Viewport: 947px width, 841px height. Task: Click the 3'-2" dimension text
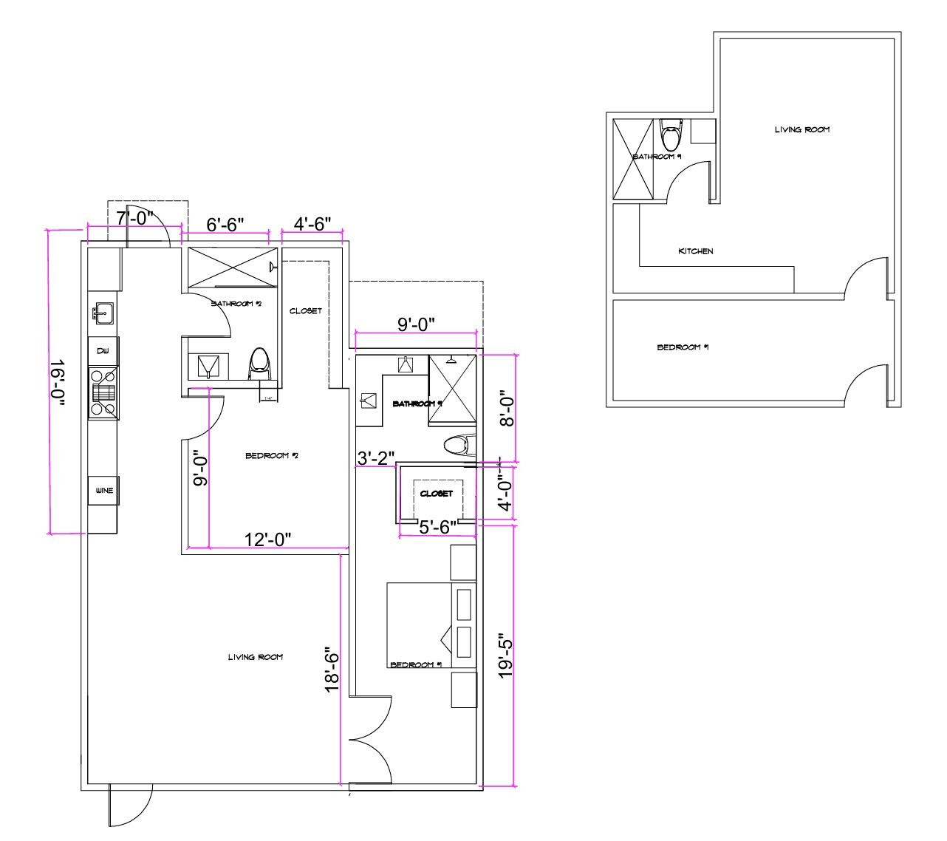pyautogui.click(x=376, y=458)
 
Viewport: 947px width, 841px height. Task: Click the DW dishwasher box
pyautogui.click(x=103, y=351)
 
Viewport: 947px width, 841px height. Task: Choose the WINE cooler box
pyautogui.click(x=103, y=490)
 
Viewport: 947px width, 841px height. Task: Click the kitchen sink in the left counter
pyautogui.click(x=103, y=313)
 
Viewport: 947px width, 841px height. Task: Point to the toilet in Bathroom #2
pyautogui.click(x=260, y=362)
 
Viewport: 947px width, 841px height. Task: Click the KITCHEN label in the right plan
pyautogui.click(x=695, y=251)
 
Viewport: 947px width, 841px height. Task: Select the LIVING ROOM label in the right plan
pyautogui.click(x=801, y=129)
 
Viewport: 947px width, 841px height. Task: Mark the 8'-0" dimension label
pyautogui.click(x=505, y=409)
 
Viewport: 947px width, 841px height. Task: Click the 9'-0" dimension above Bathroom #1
pyautogui.click(x=416, y=324)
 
